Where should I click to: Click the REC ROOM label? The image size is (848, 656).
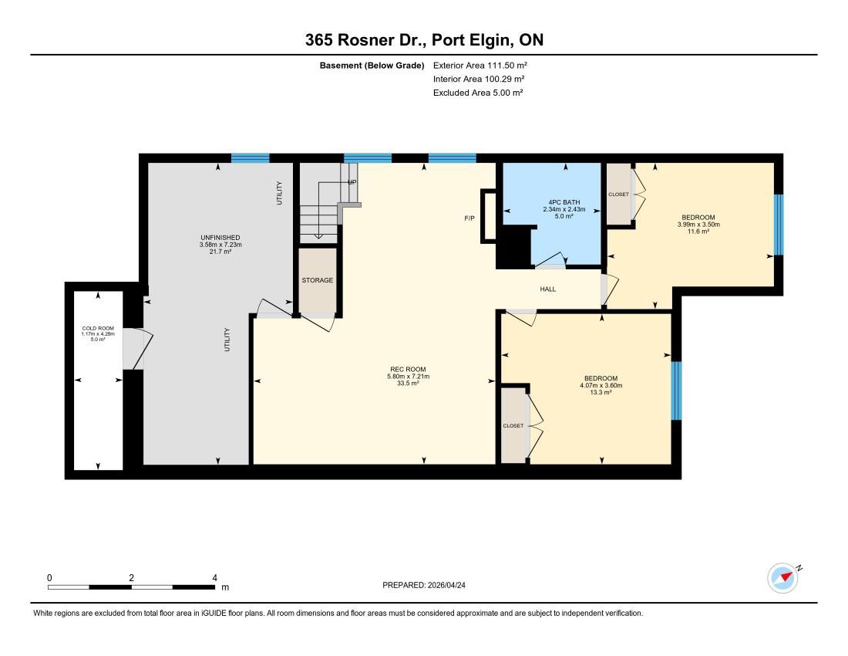point(408,369)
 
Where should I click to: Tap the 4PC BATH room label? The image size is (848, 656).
point(564,202)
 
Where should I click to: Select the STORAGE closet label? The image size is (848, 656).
point(318,280)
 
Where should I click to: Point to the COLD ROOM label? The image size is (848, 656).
point(98,329)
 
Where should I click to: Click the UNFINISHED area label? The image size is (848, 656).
point(220,238)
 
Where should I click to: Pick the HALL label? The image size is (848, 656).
point(548,289)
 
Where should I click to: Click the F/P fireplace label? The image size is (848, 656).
point(469,218)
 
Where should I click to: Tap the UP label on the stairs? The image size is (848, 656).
point(352,182)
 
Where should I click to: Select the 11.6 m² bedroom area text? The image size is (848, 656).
point(698,232)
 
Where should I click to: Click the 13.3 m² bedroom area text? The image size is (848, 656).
point(601,392)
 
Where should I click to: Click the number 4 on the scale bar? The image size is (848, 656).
point(215,578)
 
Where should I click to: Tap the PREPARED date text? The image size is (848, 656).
point(423,585)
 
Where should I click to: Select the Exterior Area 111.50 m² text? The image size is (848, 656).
point(480,66)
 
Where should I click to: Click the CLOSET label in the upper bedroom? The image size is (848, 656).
point(619,194)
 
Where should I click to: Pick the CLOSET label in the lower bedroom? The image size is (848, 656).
point(513,426)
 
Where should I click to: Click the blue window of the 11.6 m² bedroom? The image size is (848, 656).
point(779,225)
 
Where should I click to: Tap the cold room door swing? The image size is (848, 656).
point(139,349)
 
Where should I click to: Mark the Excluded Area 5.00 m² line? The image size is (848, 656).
point(477,93)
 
